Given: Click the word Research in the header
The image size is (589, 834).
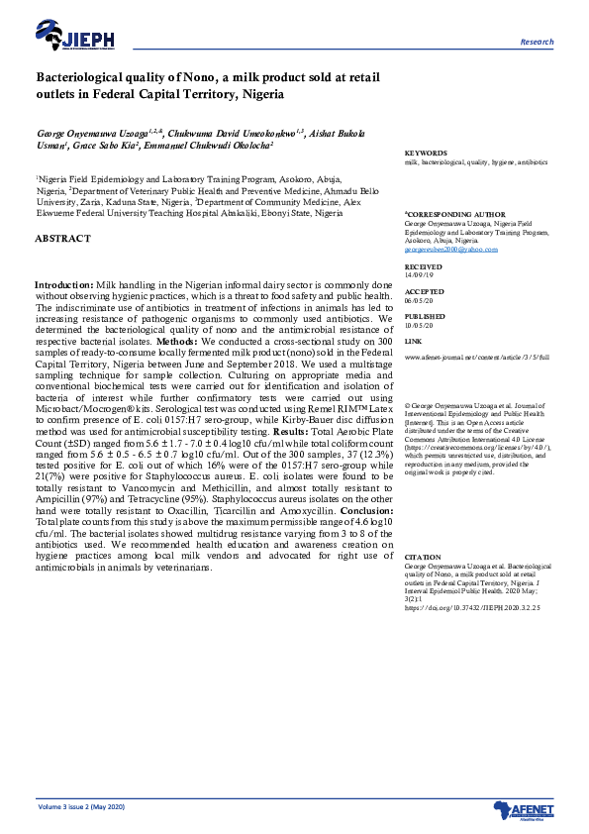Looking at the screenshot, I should pyautogui.click(x=537, y=43).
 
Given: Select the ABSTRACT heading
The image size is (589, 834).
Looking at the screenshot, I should pyautogui.click(x=62, y=239).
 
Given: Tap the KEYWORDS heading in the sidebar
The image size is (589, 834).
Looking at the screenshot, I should pyautogui.click(x=426, y=153).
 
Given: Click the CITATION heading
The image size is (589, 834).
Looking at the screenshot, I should pyautogui.click(x=423, y=558).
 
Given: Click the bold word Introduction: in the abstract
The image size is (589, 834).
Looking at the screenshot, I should pyautogui.click(x=64, y=284).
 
